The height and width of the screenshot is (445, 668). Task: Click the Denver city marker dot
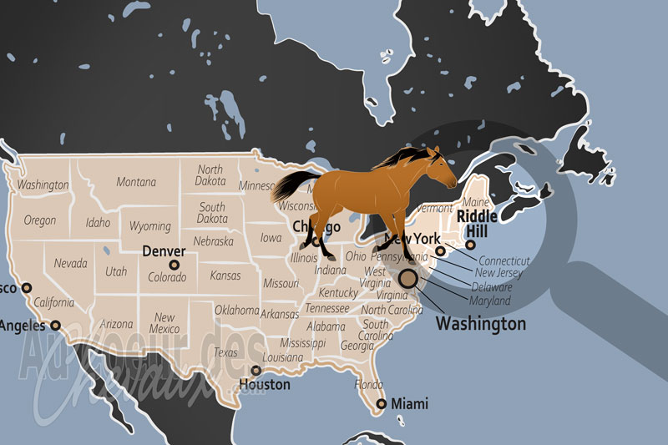tap(175, 265)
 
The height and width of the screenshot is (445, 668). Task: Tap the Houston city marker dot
tap(256, 371)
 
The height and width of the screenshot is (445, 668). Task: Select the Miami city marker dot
tap(382, 404)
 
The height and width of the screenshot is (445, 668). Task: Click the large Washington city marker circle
tap(409, 279)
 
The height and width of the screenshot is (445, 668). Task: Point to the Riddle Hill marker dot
tap(471, 245)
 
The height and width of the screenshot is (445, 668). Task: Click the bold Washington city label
tap(482, 323)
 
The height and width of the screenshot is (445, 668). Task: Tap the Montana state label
tap(136, 182)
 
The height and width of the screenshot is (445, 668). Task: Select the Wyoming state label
tap(150, 226)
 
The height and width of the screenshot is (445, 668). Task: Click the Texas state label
tap(225, 352)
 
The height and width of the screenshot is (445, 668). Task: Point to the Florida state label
tap(368, 385)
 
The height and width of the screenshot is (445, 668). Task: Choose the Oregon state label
tap(39, 220)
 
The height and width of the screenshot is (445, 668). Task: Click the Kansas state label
tap(225, 276)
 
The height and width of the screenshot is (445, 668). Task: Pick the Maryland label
tap(489, 300)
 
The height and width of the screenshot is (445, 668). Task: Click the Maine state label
tap(475, 202)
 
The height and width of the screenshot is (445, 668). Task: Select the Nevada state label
tap(71, 263)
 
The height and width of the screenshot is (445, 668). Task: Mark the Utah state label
tap(116, 271)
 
